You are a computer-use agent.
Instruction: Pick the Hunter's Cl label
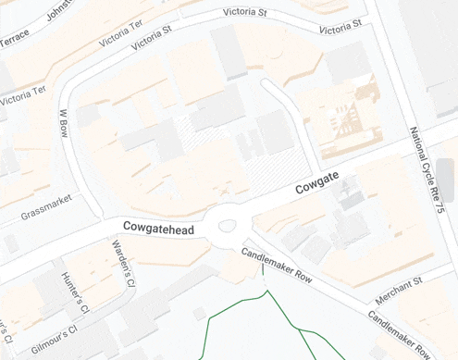pos(73,292)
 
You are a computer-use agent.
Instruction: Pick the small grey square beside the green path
pos(199,313)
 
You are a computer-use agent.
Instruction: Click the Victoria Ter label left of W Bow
pos(22,94)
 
